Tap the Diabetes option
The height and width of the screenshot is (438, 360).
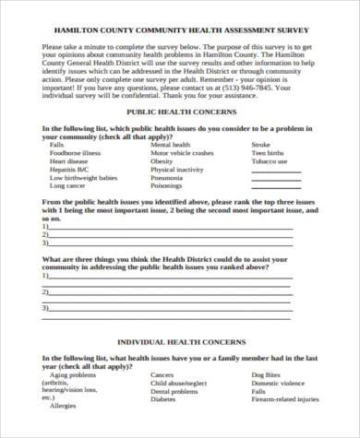pyautogui.click(x=163, y=399)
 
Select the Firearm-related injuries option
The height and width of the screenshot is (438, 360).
pyautogui.click(x=289, y=399)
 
